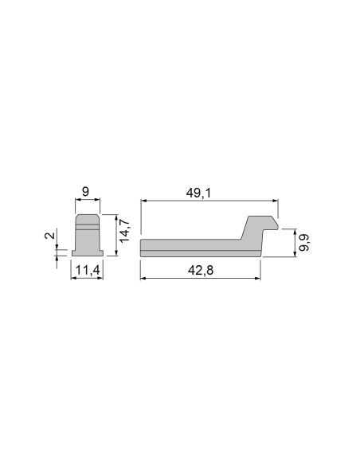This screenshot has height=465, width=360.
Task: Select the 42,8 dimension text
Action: pyautogui.click(x=201, y=271)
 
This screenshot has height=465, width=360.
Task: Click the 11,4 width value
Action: pyautogui.click(x=87, y=271)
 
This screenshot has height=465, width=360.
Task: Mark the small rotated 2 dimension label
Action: pyautogui.click(x=50, y=236)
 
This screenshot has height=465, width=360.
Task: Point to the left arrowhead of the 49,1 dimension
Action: pyautogui.click(x=143, y=201)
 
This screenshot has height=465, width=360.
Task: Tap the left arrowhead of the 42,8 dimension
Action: pyautogui.click(x=143, y=279)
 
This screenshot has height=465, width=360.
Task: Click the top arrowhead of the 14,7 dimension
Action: pyautogui.click(x=117, y=216)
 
